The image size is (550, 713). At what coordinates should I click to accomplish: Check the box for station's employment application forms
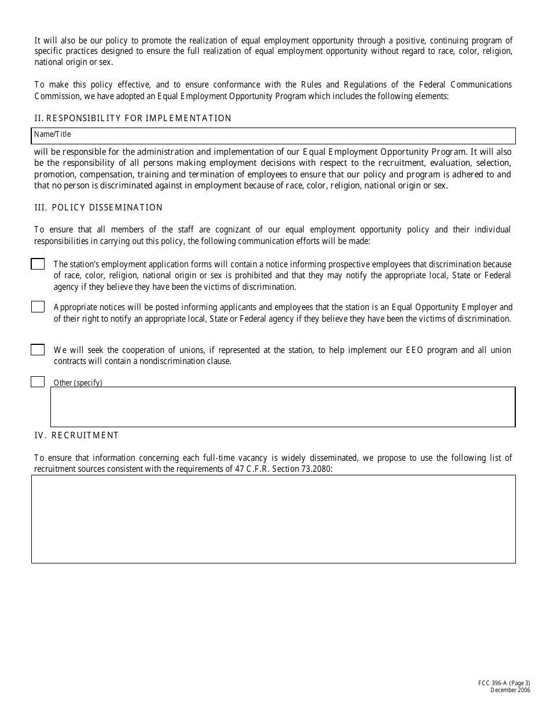point(38,264)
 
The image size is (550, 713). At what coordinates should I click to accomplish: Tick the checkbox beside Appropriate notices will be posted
point(38,307)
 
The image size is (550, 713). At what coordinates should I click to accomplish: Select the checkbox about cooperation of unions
point(38,350)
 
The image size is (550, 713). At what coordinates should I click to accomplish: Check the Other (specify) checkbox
point(38,381)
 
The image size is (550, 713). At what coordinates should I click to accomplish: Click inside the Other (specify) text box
point(283,408)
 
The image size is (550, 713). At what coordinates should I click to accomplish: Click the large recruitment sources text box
point(273,519)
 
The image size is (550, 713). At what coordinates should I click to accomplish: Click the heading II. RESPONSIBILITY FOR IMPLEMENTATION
point(133,118)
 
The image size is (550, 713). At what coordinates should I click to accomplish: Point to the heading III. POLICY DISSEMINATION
point(98,208)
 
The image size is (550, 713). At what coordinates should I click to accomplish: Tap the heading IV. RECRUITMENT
point(76,435)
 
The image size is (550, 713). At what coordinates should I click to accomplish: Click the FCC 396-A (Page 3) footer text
point(501,683)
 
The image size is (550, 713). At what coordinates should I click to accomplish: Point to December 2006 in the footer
point(510,690)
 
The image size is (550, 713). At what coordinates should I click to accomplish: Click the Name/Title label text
point(52,134)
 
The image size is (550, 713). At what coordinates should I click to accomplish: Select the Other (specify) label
point(78,383)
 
